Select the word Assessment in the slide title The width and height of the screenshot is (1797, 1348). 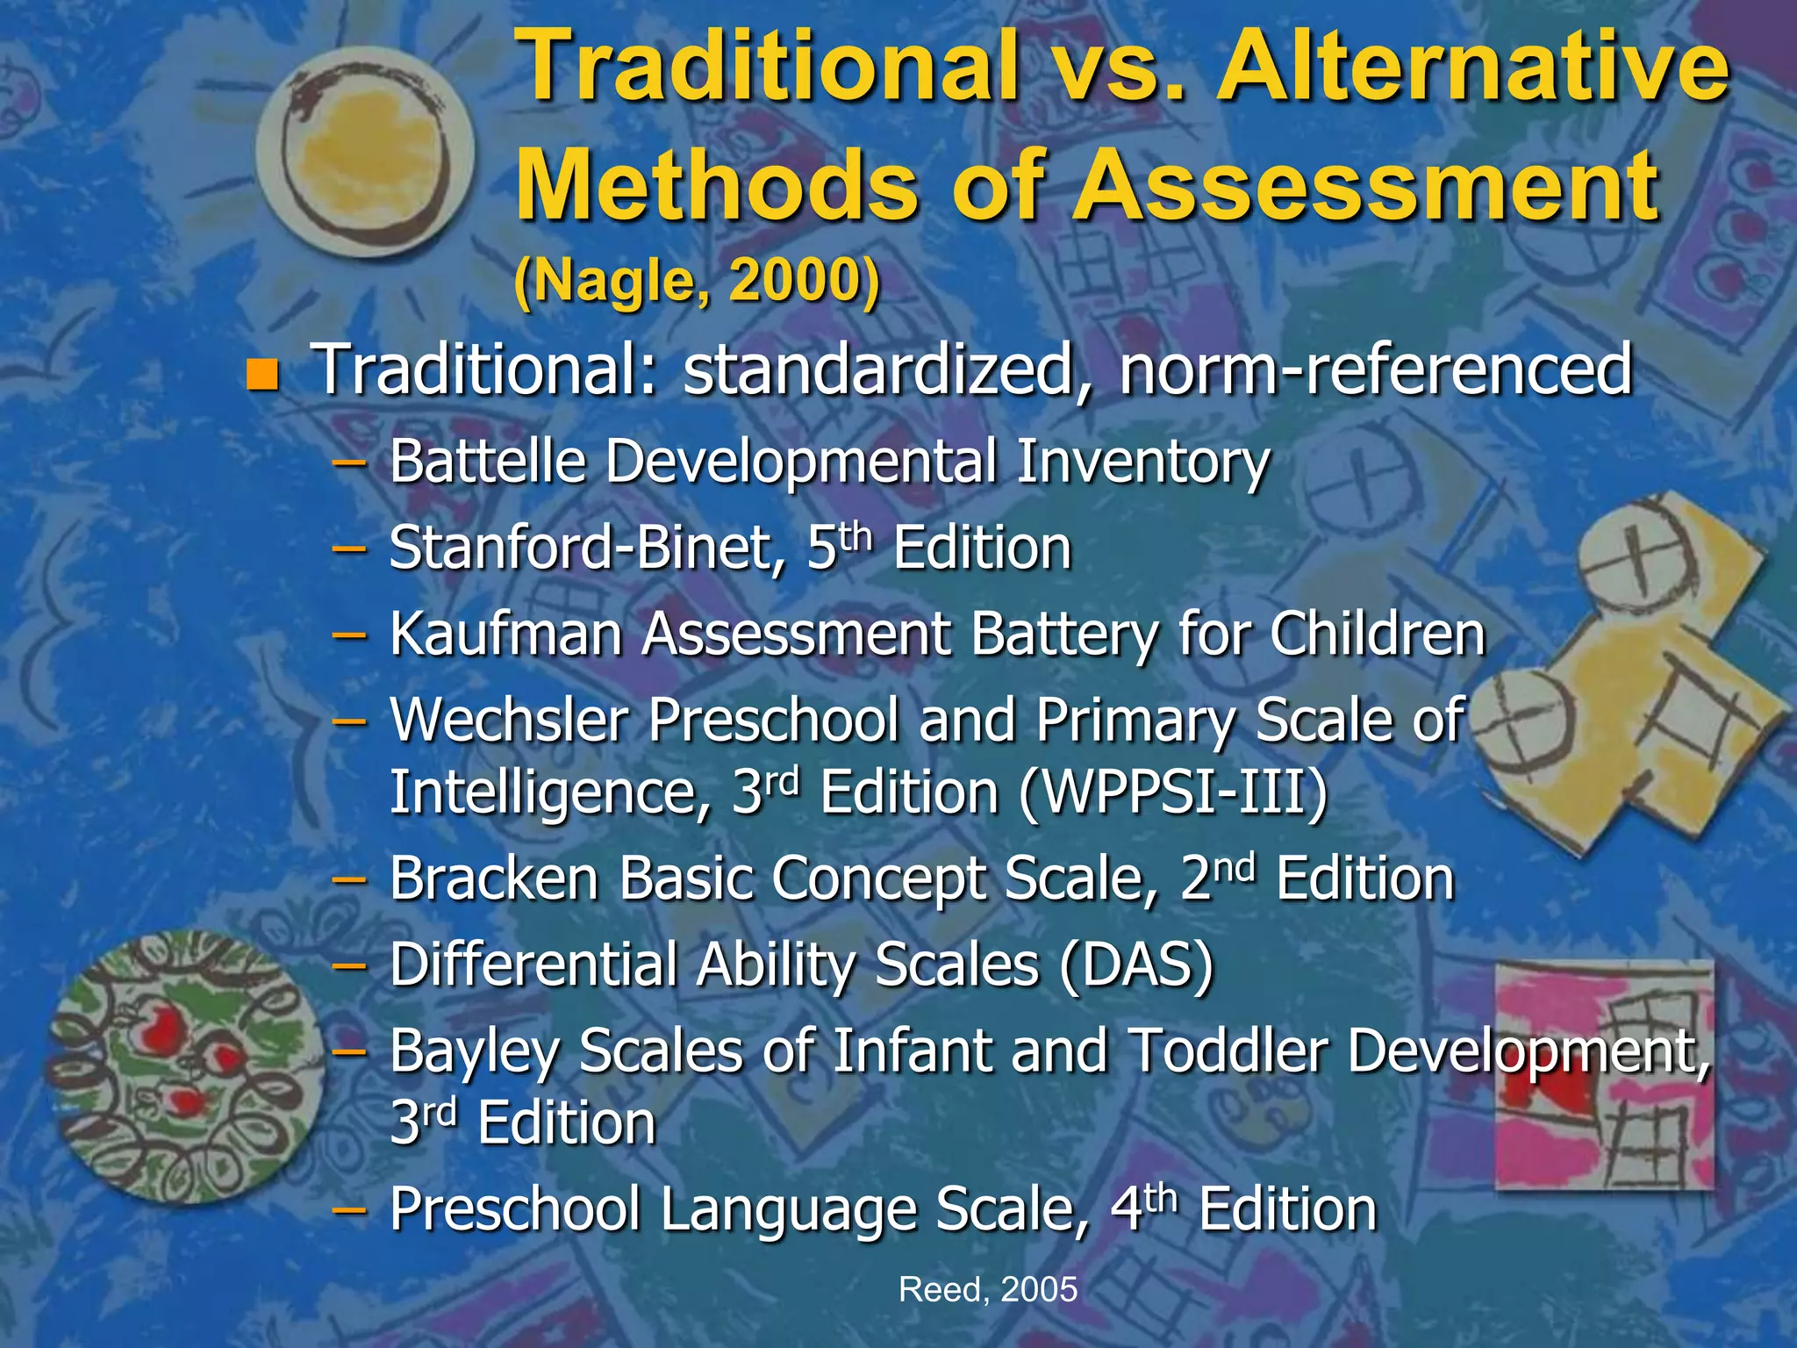click(x=1367, y=186)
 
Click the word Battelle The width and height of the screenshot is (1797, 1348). click(x=487, y=462)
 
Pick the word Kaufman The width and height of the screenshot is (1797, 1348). click(x=506, y=634)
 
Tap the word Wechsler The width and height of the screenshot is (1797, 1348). click(x=510, y=721)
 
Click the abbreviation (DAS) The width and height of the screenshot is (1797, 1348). click(x=1136, y=965)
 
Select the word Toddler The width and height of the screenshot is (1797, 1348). click(x=1228, y=1050)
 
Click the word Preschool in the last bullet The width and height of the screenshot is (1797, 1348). click(x=515, y=1209)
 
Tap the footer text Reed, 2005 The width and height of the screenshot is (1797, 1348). click(x=988, y=1289)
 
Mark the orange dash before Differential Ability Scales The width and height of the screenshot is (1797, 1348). click(x=349, y=966)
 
